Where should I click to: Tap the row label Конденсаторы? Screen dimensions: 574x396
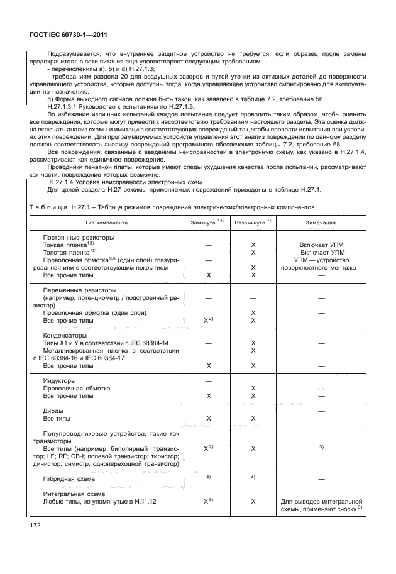[x=66, y=335]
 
